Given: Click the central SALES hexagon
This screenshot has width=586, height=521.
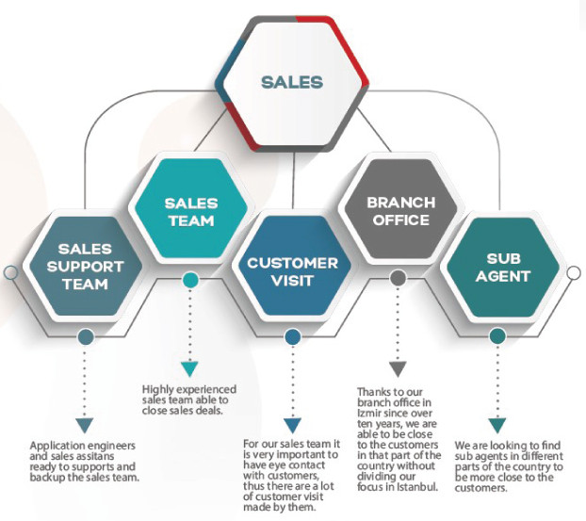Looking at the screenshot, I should point(291,82).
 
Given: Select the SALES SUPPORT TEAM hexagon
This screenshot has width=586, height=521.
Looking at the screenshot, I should point(85,267).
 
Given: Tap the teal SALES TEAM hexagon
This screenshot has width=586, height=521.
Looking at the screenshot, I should point(190,211).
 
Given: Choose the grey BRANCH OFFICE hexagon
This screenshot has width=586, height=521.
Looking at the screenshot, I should point(400,211).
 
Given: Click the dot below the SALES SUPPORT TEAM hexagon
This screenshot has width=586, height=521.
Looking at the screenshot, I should point(86,336).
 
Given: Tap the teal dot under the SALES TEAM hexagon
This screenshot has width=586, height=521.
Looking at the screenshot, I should point(190,280).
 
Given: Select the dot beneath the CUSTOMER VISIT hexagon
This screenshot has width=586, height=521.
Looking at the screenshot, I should point(292,336).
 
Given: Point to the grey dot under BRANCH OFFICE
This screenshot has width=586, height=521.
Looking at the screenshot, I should point(398,278).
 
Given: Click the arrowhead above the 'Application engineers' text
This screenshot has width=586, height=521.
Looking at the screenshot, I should point(86,425).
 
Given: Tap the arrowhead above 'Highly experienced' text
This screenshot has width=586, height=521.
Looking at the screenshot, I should point(190,368).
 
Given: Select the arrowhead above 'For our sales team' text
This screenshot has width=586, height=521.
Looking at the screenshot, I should point(292,425).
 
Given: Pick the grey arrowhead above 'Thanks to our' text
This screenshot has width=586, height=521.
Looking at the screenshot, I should point(398,368).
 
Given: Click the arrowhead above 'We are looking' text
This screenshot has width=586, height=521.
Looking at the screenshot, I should point(496,425).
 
